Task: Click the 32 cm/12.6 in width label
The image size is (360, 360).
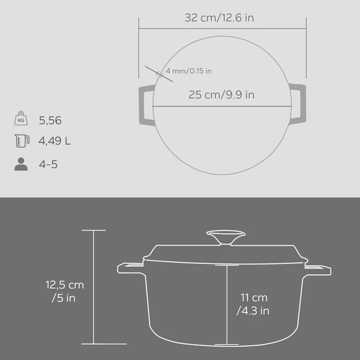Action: coord(219,18)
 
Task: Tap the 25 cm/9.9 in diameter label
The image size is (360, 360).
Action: coord(221,94)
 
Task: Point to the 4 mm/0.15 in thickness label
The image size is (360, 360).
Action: coord(189,71)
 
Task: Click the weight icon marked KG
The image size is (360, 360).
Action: coord(21,120)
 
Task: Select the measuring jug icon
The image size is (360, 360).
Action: coord(21,142)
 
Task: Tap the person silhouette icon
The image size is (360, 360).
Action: coord(21,164)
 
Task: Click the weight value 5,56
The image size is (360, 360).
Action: coord(50,120)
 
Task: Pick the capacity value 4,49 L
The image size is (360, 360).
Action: coord(55,142)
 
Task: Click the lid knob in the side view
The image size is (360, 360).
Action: coord(226,238)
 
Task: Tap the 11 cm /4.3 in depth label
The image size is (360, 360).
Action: coord(252,304)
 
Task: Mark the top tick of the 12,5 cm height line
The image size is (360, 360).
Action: coord(94,230)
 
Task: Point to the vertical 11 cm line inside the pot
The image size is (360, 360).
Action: coord(226,304)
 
